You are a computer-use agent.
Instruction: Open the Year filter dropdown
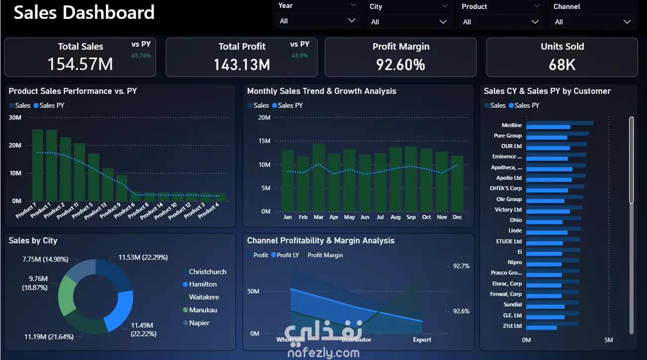[x=318, y=21]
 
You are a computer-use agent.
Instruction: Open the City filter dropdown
[x=409, y=22]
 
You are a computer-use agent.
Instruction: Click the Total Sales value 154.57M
[x=80, y=64]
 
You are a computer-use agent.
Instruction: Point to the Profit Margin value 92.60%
[x=401, y=65]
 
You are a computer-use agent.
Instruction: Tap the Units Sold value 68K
[x=562, y=65]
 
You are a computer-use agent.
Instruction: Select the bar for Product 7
[x=37, y=165]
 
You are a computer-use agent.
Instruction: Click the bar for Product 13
[x=108, y=184]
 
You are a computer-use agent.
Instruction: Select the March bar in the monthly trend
[x=319, y=177]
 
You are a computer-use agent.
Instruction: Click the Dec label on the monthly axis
[x=457, y=217]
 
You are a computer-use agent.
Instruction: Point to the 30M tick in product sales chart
[x=15, y=118]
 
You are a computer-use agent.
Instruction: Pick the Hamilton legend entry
[x=203, y=285]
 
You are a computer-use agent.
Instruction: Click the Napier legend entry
[x=199, y=323]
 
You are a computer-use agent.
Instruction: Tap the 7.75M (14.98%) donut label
[x=45, y=259]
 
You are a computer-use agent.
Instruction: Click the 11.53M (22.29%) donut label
[x=143, y=257]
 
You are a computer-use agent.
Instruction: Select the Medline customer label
[x=512, y=126]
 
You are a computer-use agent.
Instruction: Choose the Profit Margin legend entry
[x=325, y=255]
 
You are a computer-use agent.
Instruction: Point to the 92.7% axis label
[x=461, y=266]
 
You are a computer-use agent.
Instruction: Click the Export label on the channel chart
[x=422, y=340]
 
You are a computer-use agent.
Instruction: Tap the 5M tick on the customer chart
[x=608, y=340]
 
